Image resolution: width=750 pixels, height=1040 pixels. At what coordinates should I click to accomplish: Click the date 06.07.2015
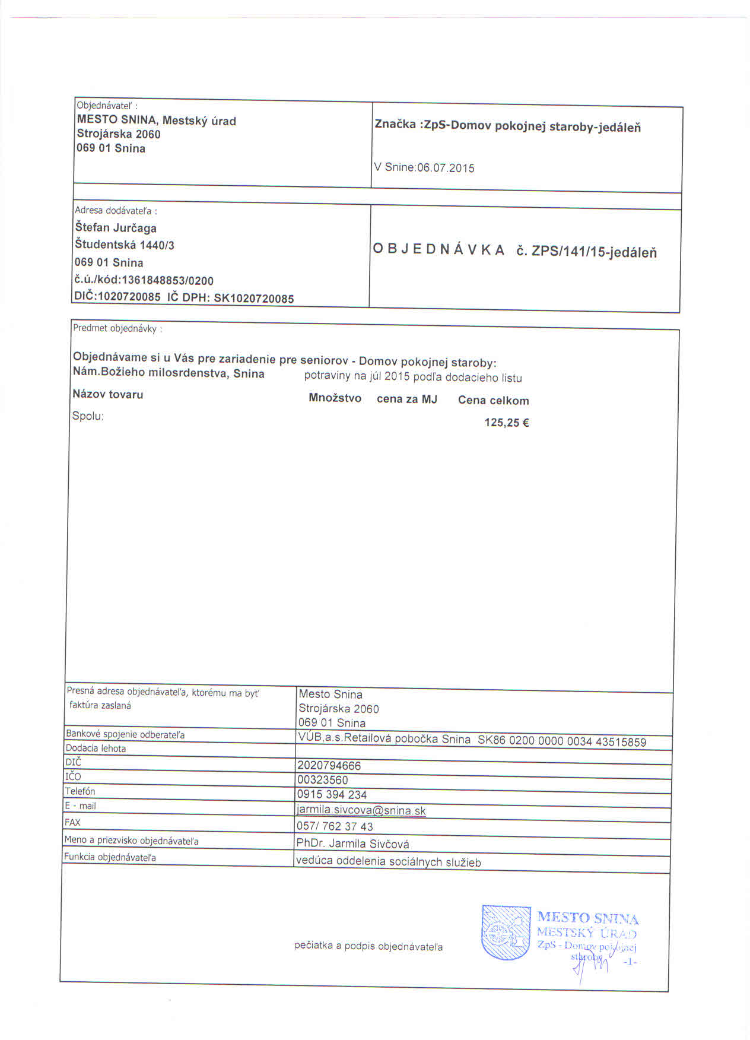point(446,168)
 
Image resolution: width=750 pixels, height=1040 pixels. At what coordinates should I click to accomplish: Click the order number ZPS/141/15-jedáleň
point(594,252)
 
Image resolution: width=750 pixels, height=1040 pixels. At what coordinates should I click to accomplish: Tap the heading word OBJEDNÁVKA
point(438,250)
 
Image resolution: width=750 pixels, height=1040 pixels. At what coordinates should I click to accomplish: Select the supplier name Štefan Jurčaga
point(116,227)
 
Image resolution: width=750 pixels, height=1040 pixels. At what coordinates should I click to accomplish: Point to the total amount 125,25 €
point(507,423)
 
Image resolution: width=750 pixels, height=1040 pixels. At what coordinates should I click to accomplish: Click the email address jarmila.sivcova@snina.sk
point(361,810)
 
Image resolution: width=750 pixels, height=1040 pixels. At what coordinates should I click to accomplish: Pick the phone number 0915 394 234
point(332,794)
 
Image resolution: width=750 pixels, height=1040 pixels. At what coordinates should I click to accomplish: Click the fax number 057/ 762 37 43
point(335,826)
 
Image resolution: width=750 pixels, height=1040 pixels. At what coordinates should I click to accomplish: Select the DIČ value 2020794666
point(329,766)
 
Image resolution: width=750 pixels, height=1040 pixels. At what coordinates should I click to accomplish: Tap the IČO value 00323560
point(323,780)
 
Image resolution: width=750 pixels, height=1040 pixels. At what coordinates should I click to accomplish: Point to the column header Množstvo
point(335,398)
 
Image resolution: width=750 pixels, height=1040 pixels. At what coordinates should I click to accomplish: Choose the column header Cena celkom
point(493,401)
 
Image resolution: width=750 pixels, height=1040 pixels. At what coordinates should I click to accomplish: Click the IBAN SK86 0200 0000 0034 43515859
point(561,741)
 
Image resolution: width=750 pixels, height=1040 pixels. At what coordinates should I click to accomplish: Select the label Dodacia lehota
point(96,749)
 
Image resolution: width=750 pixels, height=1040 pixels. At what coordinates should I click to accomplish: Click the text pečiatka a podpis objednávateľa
point(368,946)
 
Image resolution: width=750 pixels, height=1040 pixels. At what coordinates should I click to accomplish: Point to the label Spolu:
point(88,416)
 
